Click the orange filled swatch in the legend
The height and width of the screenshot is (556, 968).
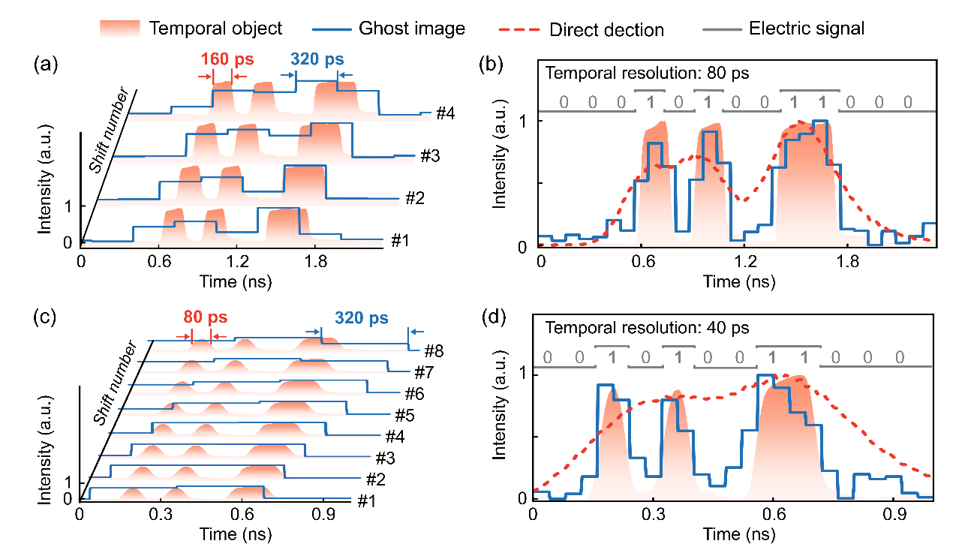[120, 29]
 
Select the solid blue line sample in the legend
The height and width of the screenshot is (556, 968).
[332, 29]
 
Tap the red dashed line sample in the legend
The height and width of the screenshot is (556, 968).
[519, 29]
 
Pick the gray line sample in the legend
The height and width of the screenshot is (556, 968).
[722, 29]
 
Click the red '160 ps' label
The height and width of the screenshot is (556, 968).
[227, 59]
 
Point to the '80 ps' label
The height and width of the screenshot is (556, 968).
[205, 317]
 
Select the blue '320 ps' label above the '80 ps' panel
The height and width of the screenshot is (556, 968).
[362, 318]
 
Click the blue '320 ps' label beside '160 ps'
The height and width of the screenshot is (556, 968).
[317, 59]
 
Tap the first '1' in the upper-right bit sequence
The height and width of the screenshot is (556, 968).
[650, 102]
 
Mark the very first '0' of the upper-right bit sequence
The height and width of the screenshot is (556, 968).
[564, 102]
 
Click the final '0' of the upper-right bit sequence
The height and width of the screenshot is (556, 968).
[907, 102]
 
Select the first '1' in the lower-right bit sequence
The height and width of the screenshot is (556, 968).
[612, 357]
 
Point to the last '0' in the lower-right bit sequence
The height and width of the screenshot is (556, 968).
[900, 357]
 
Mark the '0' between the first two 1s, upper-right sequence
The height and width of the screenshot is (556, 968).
[678, 102]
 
